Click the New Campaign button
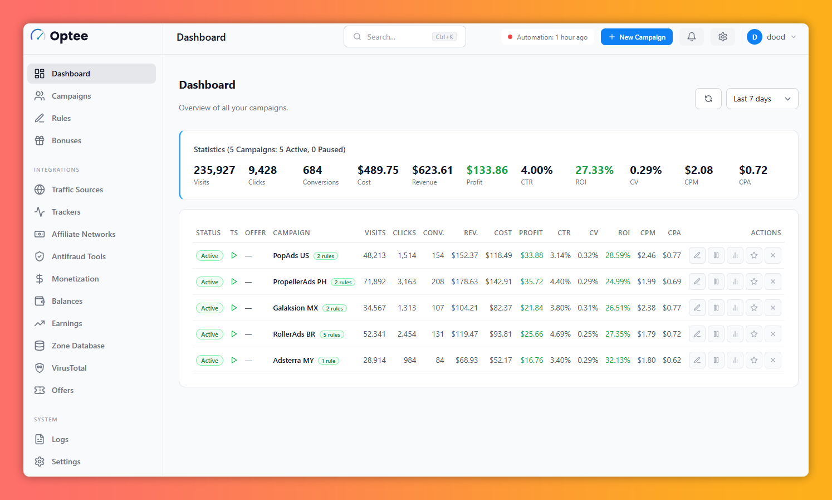(x=637, y=37)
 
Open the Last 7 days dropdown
(x=762, y=99)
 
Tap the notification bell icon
(x=691, y=37)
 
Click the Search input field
(x=404, y=36)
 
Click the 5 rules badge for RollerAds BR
(x=332, y=334)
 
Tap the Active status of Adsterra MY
(x=209, y=360)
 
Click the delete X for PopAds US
(x=773, y=255)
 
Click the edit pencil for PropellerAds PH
(x=697, y=281)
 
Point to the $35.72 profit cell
(x=531, y=282)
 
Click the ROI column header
(x=624, y=232)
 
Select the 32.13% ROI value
(x=618, y=360)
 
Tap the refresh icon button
(x=708, y=99)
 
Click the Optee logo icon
(x=37, y=36)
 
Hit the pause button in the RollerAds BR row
(x=716, y=334)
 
